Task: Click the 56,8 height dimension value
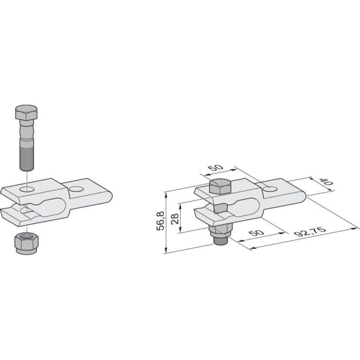(x=161, y=222)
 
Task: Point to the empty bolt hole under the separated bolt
(x=28, y=190)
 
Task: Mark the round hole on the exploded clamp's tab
(x=77, y=189)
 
